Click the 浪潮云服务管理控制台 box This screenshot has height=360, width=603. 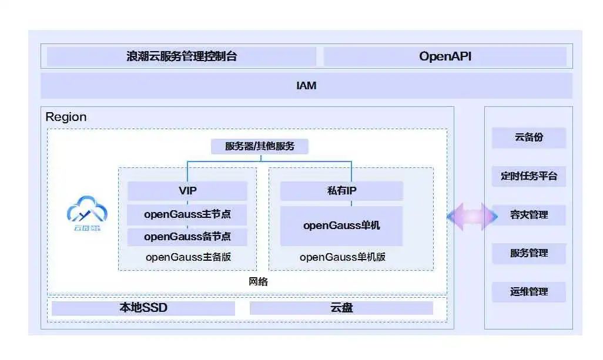tap(181, 56)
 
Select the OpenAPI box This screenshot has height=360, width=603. tap(445, 56)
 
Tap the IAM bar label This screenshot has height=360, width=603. tap(306, 86)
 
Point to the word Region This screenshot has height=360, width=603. tap(66, 117)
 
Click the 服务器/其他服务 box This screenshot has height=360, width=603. tap(259, 146)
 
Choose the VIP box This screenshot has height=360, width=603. tap(187, 191)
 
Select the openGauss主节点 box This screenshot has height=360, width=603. tap(187, 214)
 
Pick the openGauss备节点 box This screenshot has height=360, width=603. tap(187, 237)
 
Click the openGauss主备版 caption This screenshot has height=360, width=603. tap(187, 257)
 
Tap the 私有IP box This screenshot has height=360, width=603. tap(341, 191)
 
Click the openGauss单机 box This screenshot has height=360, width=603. tap(341, 226)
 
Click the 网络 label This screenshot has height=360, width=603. tap(259, 282)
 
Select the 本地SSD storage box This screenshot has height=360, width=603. tap(143, 308)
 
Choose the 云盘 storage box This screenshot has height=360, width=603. tap(341, 308)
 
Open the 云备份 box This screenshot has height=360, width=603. tap(529, 137)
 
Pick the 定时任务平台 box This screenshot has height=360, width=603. tap(529, 176)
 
